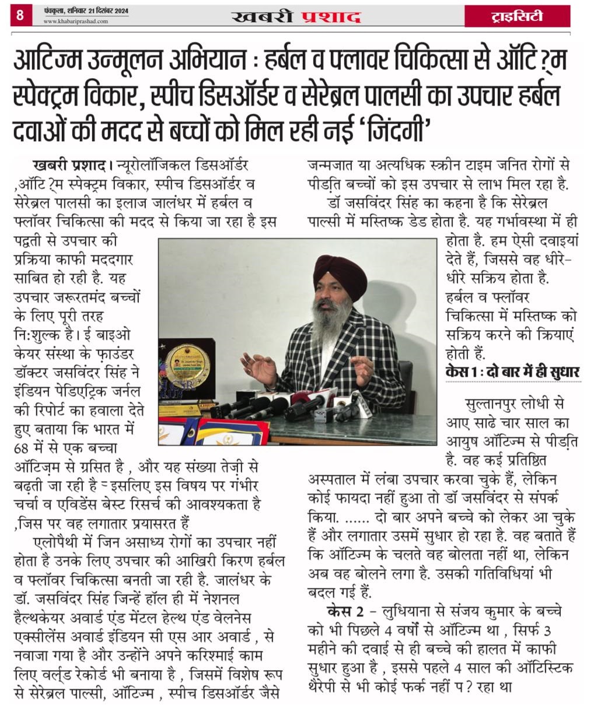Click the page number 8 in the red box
tap(19, 15)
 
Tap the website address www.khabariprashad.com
tap(76, 22)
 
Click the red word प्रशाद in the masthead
tap(331, 16)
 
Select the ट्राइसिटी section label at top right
tap(516, 16)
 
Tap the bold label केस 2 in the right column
tap(347, 612)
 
